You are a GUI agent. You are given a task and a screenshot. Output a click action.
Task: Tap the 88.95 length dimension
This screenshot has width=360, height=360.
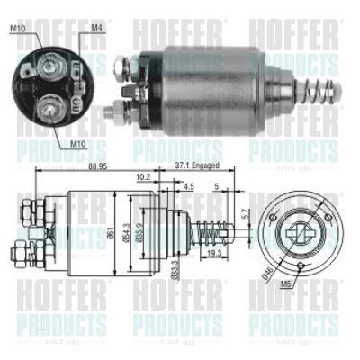click(x=87, y=167)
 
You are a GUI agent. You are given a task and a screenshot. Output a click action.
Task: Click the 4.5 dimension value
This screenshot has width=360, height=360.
click(x=187, y=187)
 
